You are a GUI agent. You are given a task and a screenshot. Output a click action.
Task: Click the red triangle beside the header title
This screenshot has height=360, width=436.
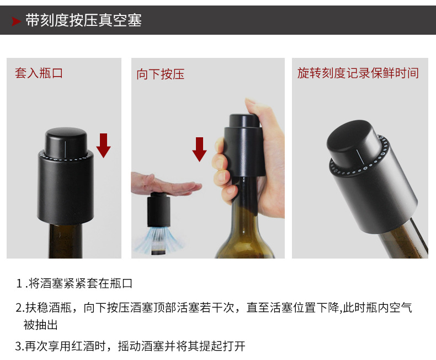(16, 21)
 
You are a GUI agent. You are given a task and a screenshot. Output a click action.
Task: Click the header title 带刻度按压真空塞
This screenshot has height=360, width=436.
(83, 20)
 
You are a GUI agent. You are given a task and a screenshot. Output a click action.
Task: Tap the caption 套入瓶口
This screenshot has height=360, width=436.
(39, 73)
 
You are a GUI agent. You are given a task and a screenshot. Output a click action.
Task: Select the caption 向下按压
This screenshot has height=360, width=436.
(161, 74)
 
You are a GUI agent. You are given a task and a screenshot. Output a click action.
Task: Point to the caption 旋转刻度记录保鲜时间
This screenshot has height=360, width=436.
(358, 73)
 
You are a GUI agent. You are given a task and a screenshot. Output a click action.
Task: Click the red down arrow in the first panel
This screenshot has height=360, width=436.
(103, 146)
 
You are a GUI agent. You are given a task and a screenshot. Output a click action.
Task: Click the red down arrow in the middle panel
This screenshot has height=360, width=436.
(199, 149)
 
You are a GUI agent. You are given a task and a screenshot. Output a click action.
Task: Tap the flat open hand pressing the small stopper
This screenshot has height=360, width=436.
(166, 184)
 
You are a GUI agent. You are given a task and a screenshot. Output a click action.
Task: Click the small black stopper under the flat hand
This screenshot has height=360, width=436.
(159, 210)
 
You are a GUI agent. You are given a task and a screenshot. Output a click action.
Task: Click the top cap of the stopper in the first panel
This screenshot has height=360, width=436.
(66, 142)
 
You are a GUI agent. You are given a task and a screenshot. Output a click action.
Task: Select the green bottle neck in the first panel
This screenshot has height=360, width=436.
(66, 240)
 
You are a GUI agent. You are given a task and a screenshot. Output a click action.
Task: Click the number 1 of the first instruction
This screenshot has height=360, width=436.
(19, 283)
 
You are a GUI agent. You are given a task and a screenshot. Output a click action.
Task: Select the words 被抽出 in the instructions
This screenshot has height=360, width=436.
(40, 325)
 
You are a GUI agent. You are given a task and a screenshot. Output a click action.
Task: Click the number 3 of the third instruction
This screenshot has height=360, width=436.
(19, 346)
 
